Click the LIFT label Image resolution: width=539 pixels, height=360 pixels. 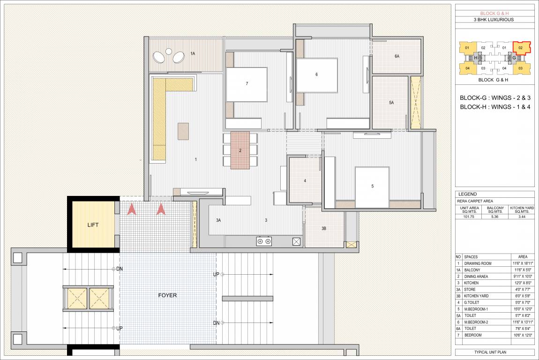pos(93,225)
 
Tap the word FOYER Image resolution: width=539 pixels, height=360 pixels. pos(167,295)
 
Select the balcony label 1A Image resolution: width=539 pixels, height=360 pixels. pos(193,54)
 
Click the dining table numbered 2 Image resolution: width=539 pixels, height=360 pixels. pos(240,150)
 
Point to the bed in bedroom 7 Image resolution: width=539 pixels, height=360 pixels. pos(247,84)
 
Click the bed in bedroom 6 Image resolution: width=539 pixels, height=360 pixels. pos(317,75)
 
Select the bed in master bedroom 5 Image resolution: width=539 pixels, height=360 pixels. pos(372,187)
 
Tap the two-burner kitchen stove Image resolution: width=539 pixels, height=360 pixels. pos(264,241)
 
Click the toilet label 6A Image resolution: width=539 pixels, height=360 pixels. pos(397,56)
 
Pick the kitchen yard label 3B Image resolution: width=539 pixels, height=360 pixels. pos(324,228)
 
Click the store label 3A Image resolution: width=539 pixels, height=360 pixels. pos(218,220)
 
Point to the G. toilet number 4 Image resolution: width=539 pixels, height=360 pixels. pos(305,180)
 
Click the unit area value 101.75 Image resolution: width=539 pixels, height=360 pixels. pos(469,217)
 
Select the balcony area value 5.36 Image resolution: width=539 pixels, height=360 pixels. pos(495,217)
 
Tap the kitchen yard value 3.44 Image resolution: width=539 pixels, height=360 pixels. pos(522,217)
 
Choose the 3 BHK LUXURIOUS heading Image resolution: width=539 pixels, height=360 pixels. pos(494,20)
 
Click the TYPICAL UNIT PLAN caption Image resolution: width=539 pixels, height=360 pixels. pos(494,352)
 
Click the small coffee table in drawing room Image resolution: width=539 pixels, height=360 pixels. pos(183,131)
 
